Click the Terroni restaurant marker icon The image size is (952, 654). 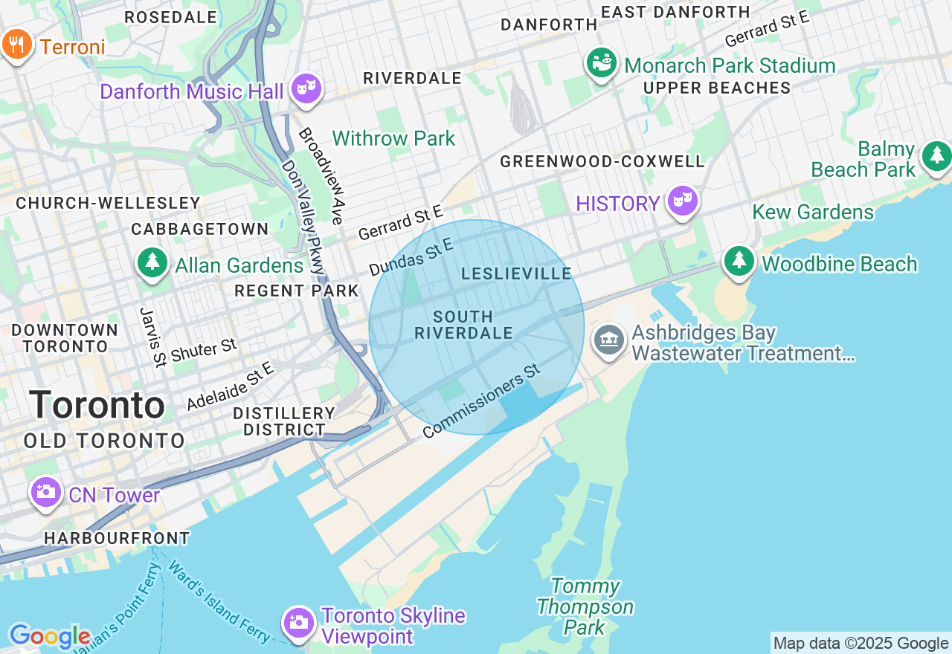tap(16, 45)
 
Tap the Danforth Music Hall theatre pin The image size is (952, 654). tap(305, 88)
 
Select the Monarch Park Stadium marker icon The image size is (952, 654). tap(602, 62)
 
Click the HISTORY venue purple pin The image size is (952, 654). tap(682, 201)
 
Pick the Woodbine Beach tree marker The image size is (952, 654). tap(739, 262)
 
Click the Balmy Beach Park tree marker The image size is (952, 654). tap(936, 156)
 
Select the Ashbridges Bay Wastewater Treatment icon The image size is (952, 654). tap(609, 340)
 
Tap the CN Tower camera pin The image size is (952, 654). tap(45, 492)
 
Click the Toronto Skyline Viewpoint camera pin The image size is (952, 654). tap(298, 622)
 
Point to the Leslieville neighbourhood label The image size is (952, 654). tap(516, 274)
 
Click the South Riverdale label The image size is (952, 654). tap(463, 325)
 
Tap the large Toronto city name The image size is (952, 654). tap(97, 406)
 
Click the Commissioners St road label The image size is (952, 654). tap(481, 406)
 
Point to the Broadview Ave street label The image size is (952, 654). tap(321, 176)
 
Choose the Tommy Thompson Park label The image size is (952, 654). tap(585, 607)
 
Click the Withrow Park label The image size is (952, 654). tap(393, 139)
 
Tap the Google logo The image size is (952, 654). tap(49, 637)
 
